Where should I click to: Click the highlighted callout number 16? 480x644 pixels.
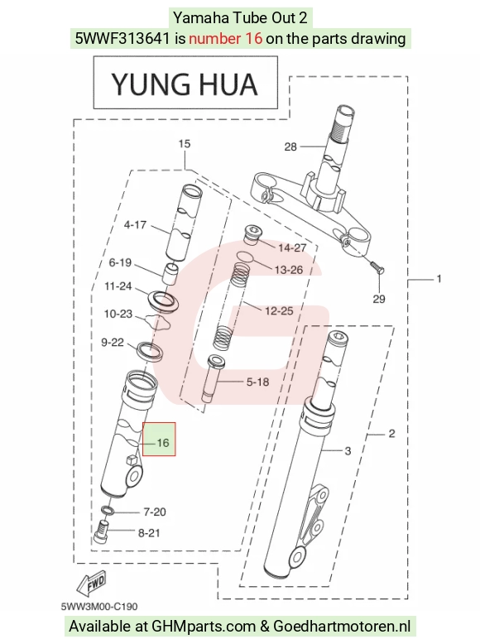click(163, 443)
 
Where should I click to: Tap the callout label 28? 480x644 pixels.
click(290, 147)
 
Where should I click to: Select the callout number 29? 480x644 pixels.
click(379, 299)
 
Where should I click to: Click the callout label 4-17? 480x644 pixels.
click(135, 225)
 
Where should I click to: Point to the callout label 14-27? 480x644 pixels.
click(292, 248)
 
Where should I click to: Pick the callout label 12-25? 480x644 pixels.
click(279, 311)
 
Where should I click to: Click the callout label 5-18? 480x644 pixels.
click(257, 382)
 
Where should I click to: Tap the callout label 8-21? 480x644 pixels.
click(149, 533)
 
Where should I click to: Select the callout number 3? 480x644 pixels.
click(348, 451)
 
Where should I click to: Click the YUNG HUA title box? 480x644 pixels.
click(185, 83)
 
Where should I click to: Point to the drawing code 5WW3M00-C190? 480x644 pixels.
click(99, 607)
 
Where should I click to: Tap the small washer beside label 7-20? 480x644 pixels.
click(108, 511)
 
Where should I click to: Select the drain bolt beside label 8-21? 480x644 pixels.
click(102, 531)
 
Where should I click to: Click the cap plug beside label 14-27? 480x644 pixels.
click(252, 233)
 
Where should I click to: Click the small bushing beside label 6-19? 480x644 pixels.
click(170, 274)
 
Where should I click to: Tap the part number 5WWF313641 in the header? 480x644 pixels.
click(122, 39)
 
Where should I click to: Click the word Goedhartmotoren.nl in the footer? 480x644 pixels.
click(342, 627)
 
